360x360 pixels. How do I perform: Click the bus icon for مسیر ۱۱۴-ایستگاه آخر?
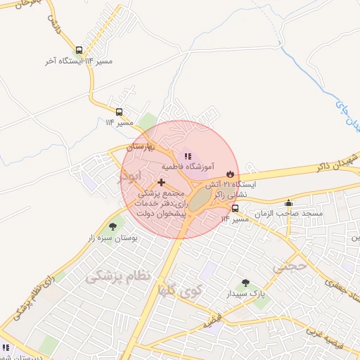coord(79,50)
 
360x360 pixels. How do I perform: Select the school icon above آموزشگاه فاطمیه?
coord(187,155)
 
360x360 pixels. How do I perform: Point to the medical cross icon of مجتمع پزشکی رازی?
coord(162,182)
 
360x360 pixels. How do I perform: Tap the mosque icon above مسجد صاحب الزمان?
coord(288,202)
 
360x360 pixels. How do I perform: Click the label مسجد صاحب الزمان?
coord(289,213)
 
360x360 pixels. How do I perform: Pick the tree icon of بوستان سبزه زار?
coord(112,226)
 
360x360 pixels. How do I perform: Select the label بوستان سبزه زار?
coord(112,238)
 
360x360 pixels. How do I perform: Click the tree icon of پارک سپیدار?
coord(245,283)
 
